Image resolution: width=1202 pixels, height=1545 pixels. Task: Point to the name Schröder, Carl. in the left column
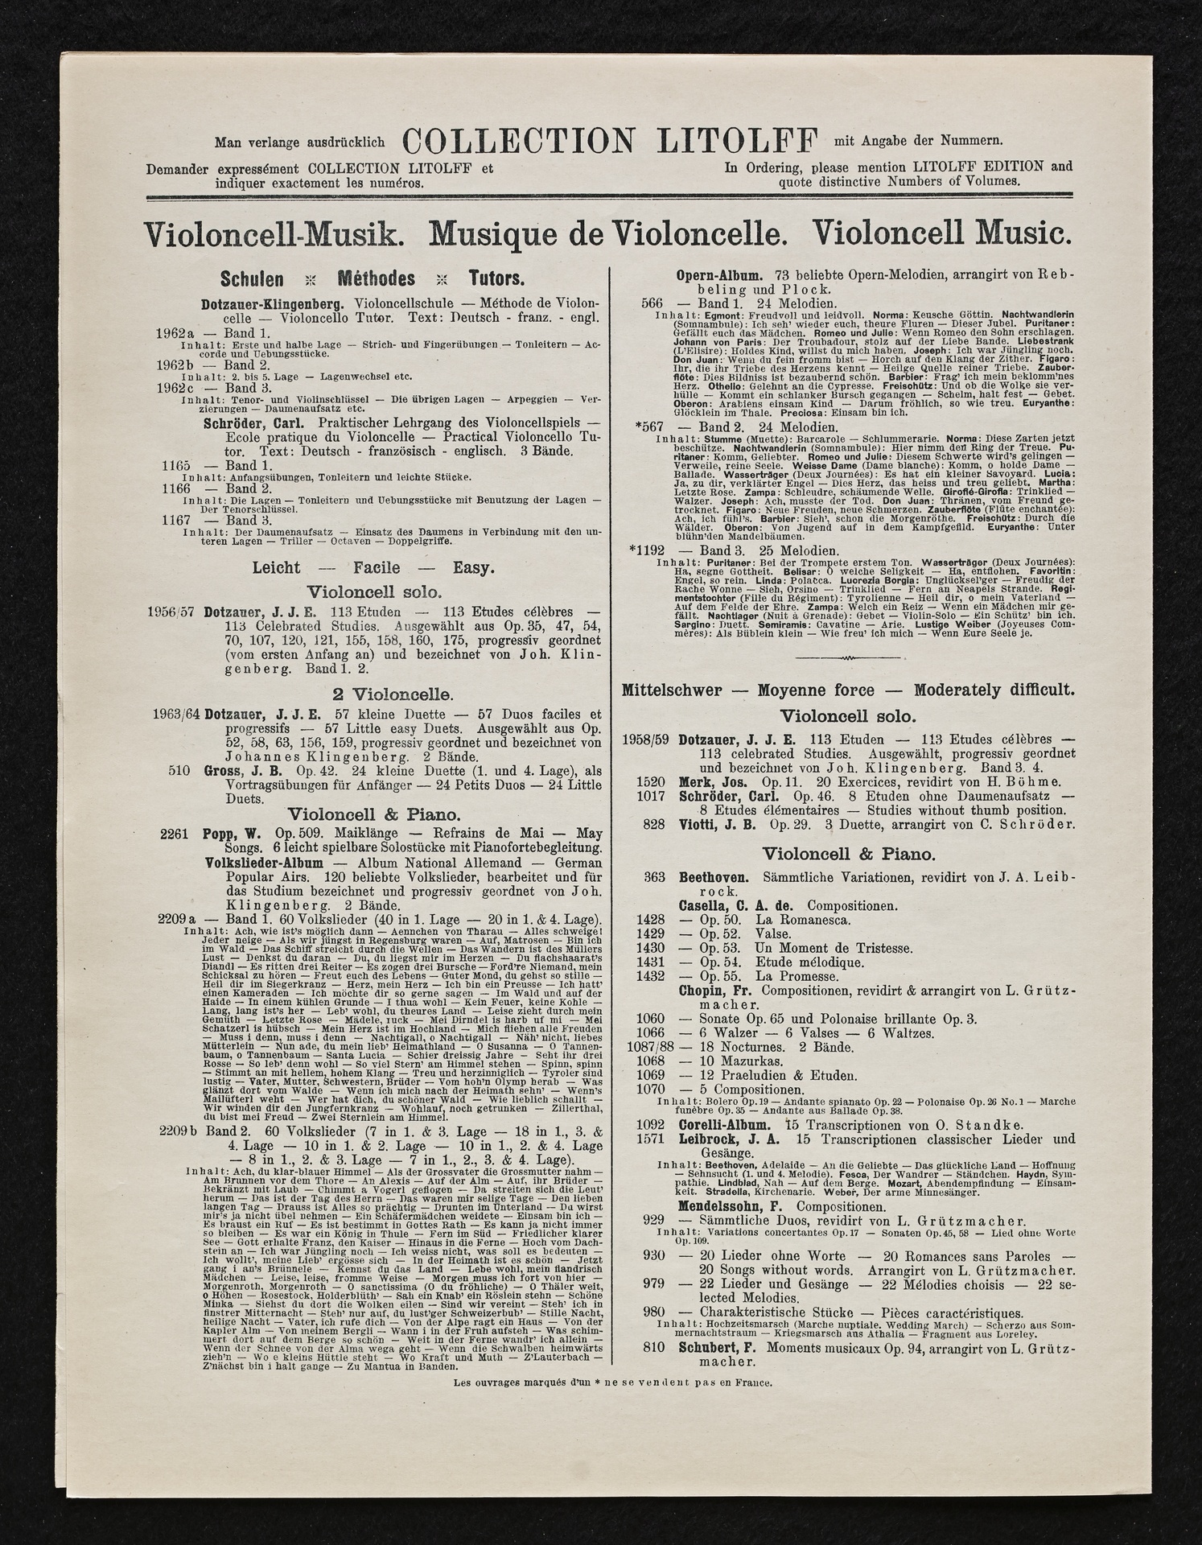(x=257, y=423)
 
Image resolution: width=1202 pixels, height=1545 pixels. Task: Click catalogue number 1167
(x=175, y=521)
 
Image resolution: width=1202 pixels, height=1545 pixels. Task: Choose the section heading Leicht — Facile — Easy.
(x=373, y=567)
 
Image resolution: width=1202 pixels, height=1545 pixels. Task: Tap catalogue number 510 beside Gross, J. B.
(x=179, y=770)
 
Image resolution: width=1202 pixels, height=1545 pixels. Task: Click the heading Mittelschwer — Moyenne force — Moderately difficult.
(x=847, y=690)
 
